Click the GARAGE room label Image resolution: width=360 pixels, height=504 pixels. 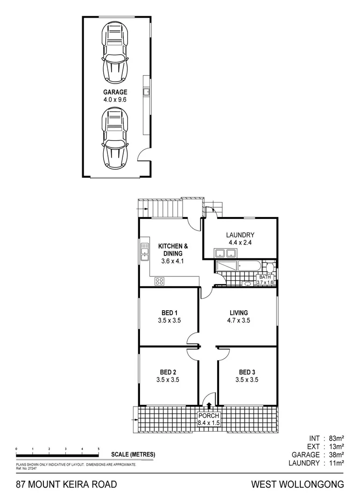115,92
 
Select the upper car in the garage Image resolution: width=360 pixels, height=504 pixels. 115,52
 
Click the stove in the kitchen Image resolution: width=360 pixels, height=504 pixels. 160,281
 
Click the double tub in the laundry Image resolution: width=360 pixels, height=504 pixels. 225,253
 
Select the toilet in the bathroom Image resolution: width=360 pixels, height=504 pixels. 269,267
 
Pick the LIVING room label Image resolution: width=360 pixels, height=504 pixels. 238,313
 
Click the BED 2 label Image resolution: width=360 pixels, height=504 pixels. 168,372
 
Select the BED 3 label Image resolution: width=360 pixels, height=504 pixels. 247,372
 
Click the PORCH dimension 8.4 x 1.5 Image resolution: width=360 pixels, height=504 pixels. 209,423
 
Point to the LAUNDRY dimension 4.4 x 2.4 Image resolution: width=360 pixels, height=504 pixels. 240,243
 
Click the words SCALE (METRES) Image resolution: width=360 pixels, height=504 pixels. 133,455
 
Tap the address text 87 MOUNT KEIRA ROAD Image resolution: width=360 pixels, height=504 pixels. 66,484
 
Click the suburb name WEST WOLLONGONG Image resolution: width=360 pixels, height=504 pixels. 297,484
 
